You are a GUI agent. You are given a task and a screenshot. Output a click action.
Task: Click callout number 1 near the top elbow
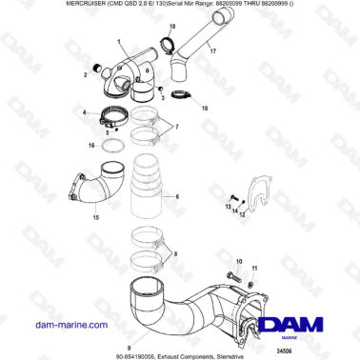pyautogui.click(x=119, y=44)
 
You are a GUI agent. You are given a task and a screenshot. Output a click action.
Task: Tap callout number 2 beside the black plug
pyautogui.click(x=84, y=74)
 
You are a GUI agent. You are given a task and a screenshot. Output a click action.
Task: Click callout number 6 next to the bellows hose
pyautogui.click(x=176, y=197)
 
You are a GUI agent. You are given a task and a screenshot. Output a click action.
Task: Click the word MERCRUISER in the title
pyautogui.click(x=31, y=6)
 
